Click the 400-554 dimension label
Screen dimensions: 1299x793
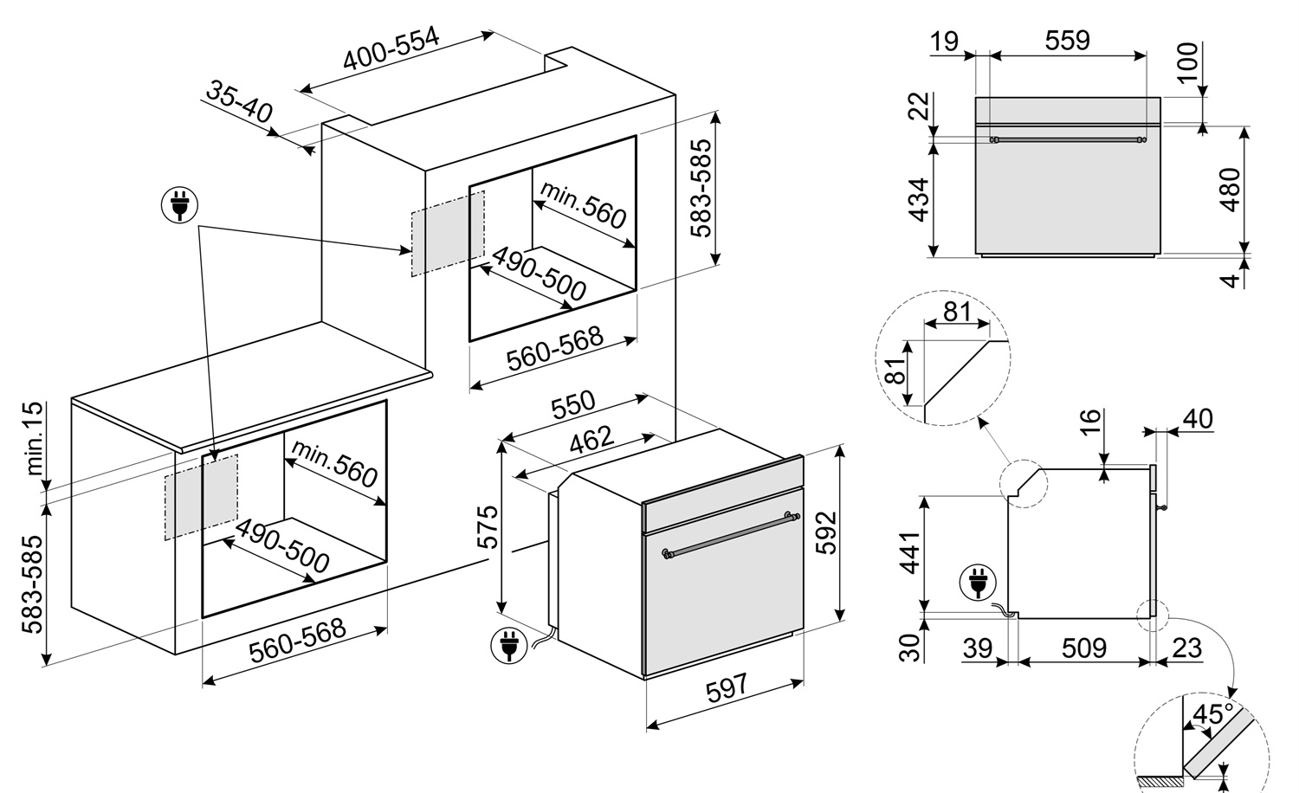391,48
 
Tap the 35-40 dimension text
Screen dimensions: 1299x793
239,102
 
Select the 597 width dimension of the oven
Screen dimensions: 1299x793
727,688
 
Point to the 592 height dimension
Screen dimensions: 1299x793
826,532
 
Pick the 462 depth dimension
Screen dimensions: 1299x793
591,441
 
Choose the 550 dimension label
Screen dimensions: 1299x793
573,405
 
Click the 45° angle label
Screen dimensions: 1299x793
1211,715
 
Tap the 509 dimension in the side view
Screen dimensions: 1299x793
1084,648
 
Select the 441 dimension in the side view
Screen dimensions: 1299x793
909,552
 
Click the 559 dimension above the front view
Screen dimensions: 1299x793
1068,41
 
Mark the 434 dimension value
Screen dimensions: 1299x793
919,200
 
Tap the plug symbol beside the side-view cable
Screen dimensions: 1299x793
978,583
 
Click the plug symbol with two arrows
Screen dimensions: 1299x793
179,205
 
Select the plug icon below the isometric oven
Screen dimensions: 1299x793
508,646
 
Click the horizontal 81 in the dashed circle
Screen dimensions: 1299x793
956,312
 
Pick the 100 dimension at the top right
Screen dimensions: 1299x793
1187,62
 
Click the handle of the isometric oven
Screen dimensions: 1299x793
731,536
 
